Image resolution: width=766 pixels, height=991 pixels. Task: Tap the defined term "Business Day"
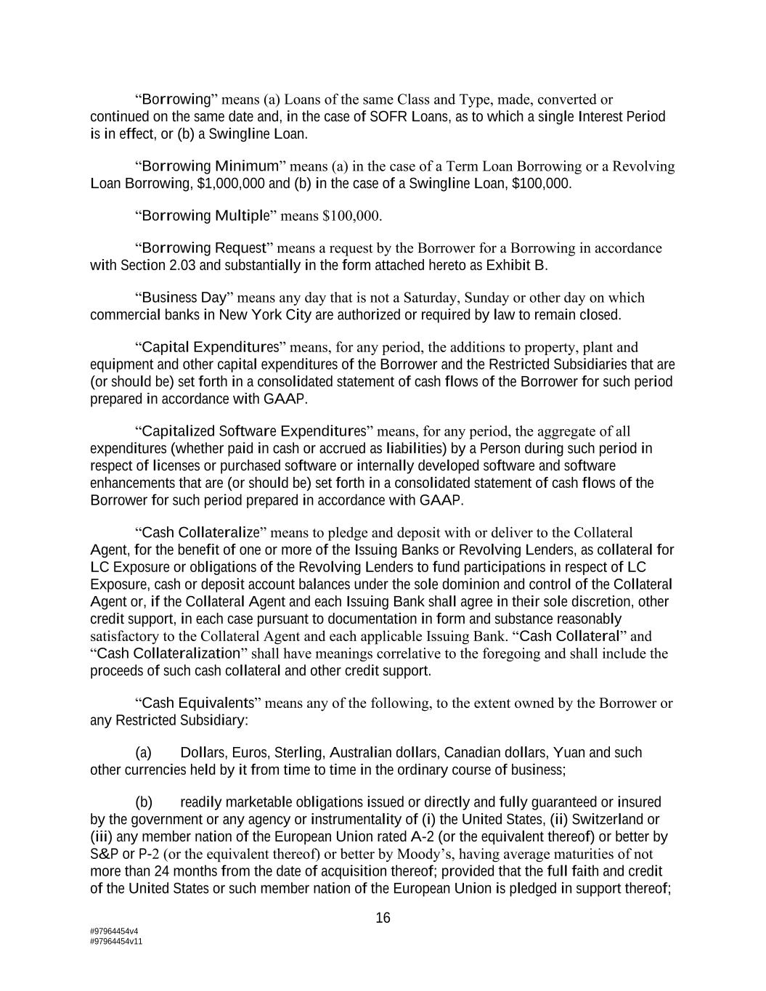(x=184, y=298)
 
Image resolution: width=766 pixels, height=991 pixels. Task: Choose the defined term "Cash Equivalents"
(x=197, y=703)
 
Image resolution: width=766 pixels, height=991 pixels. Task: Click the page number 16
(x=383, y=918)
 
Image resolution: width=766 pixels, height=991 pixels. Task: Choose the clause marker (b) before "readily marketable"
(x=144, y=802)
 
